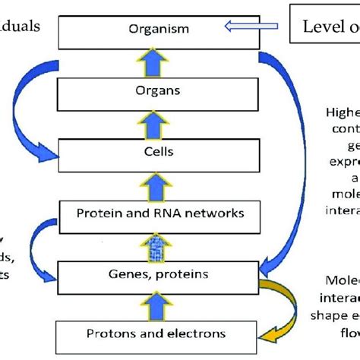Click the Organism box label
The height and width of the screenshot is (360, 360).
pyautogui.click(x=159, y=30)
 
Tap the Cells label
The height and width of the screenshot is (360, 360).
pyautogui.click(x=159, y=151)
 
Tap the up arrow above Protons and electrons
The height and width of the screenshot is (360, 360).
pyautogui.click(x=159, y=303)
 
